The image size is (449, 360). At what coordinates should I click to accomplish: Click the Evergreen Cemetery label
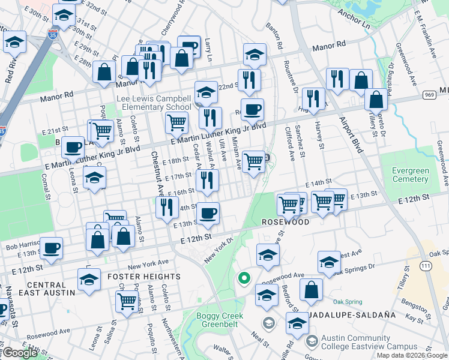(x=411, y=175)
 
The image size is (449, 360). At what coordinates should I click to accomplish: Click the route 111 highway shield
(x=426, y=265)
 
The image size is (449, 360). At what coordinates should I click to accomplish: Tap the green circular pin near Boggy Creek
(x=243, y=278)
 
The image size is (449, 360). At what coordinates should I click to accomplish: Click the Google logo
(x=20, y=353)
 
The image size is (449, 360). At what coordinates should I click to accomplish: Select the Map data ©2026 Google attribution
(x=412, y=355)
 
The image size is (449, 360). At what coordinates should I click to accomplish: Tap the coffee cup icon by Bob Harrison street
(x=52, y=247)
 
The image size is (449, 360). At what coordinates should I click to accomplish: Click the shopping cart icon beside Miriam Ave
(x=254, y=161)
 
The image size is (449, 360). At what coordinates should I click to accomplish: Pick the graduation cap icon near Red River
(x=14, y=42)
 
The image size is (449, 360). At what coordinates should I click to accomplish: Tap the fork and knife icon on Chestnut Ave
(x=167, y=207)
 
